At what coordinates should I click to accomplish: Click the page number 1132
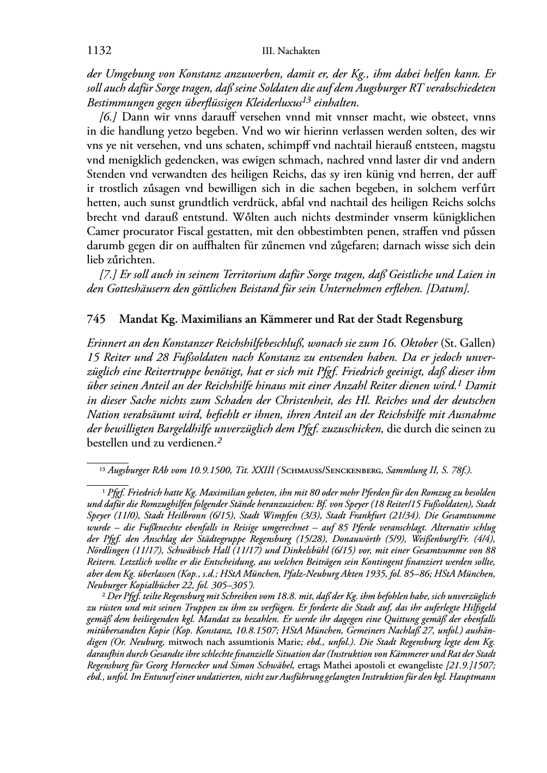coord(99,51)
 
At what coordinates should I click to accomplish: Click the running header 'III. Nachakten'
coord(290,51)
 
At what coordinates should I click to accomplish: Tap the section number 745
coord(96,319)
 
